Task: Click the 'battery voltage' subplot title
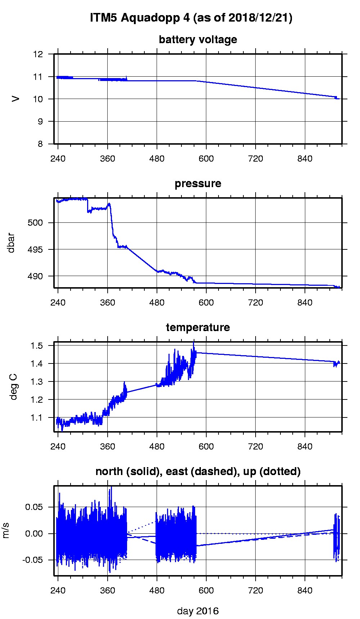point(198,40)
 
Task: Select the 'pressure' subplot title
point(198,184)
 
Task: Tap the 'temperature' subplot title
point(198,327)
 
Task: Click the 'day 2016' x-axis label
point(198,611)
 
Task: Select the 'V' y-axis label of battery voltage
point(15,99)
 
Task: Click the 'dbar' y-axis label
point(11,243)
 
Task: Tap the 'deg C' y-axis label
point(13,387)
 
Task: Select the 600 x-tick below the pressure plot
point(206,303)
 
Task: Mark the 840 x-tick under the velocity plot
point(305,591)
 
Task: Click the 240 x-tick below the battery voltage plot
point(58,159)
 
